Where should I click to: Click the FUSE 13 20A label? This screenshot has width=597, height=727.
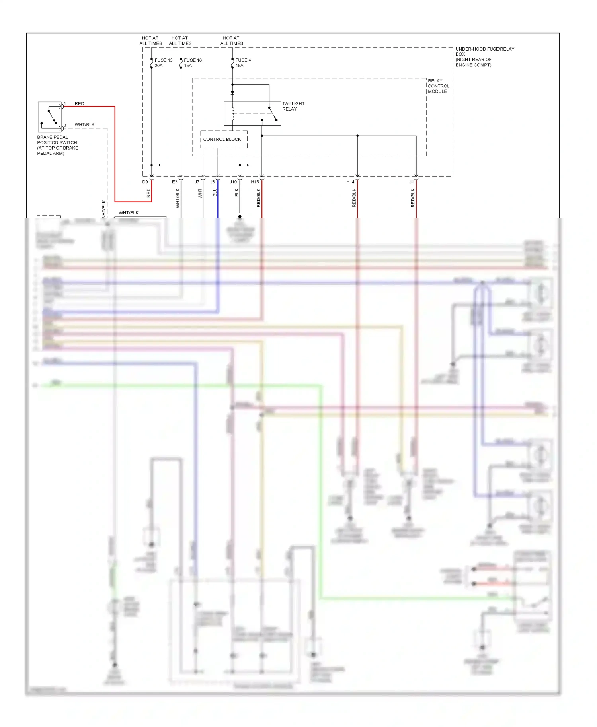click(163, 63)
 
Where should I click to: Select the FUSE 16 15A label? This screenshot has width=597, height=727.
click(193, 63)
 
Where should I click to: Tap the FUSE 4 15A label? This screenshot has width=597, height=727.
click(243, 63)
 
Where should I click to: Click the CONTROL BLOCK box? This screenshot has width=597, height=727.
click(223, 139)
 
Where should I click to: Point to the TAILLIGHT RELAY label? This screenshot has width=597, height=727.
click(293, 106)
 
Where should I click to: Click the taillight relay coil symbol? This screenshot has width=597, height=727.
click(233, 114)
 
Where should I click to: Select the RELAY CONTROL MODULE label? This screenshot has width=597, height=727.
click(438, 86)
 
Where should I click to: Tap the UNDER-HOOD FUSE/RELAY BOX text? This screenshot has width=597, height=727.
click(484, 57)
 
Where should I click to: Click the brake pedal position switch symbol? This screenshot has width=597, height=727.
click(50, 117)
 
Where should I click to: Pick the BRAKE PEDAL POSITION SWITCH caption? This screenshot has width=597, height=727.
click(57, 145)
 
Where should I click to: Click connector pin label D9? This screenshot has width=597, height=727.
click(145, 182)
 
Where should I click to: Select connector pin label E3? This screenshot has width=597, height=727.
click(174, 182)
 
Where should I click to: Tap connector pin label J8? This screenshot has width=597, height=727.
click(213, 182)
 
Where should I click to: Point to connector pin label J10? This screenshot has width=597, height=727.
click(233, 182)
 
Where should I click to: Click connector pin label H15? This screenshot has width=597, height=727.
click(255, 182)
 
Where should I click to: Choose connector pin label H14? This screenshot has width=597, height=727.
click(350, 182)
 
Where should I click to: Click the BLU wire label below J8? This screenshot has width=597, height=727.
click(215, 192)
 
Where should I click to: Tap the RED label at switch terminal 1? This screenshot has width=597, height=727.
click(79, 103)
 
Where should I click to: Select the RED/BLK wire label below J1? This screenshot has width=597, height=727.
click(413, 198)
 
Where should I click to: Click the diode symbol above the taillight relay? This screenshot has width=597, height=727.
click(232, 93)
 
